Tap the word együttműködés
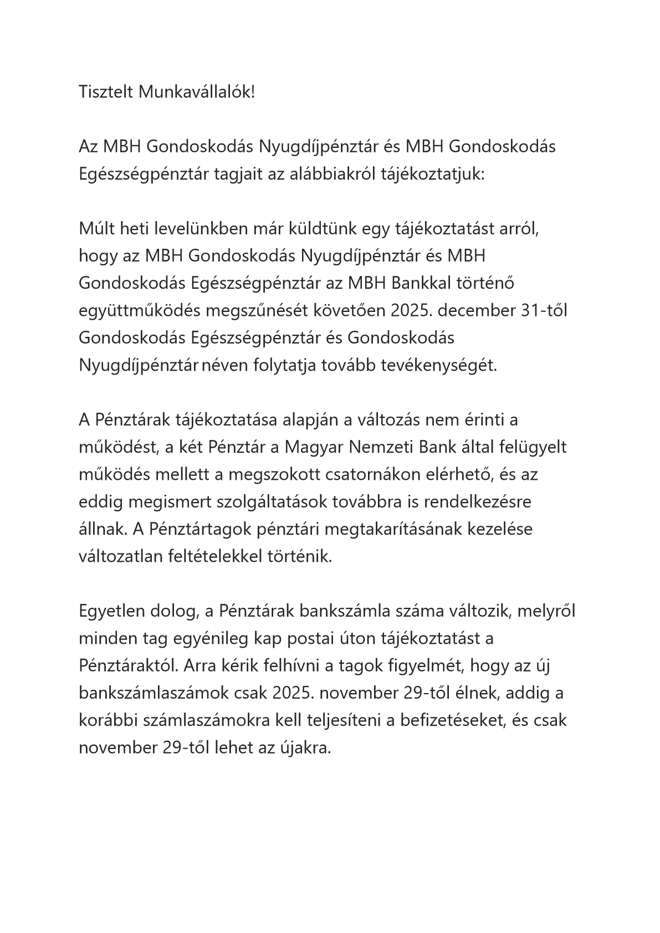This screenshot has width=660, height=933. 139,311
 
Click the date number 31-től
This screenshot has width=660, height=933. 544,311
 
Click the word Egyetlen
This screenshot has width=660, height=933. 111,611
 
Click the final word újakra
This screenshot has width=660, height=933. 306,749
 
